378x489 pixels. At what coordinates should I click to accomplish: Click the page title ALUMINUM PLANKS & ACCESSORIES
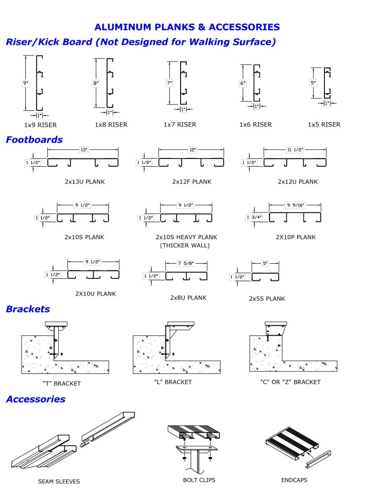tap(187, 27)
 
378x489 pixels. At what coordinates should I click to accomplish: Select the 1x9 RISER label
tap(40, 125)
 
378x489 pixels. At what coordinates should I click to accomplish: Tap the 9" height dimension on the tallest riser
tap(25, 83)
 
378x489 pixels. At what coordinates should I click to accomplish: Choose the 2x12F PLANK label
tap(192, 181)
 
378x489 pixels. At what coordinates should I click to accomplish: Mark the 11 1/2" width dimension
tap(295, 149)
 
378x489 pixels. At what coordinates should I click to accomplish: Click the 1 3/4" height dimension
tap(253, 218)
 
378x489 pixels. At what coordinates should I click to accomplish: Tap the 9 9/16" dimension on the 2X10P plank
tap(295, 205)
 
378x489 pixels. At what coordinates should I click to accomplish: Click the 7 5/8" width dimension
tap(186, 263)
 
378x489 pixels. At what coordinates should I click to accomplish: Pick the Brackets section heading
tap(28, 309)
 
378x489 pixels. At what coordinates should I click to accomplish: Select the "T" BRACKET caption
tap(61, 383)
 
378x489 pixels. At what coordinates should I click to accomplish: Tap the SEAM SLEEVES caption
tap(59, 481)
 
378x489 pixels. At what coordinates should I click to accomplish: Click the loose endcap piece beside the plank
tap(314, 459)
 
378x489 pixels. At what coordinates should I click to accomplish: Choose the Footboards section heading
tap(34, 139)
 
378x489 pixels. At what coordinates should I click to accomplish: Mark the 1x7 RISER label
tap(180, 125)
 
